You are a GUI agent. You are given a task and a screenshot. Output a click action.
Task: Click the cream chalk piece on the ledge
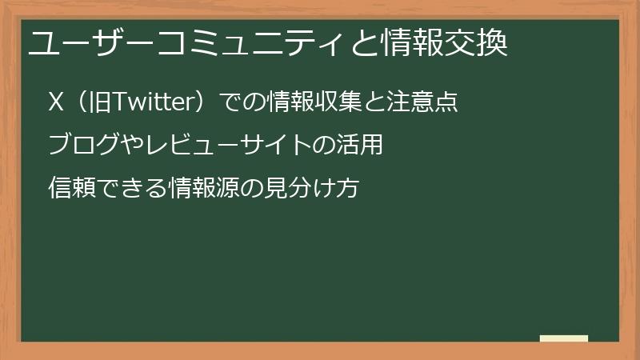coord(563,339)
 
